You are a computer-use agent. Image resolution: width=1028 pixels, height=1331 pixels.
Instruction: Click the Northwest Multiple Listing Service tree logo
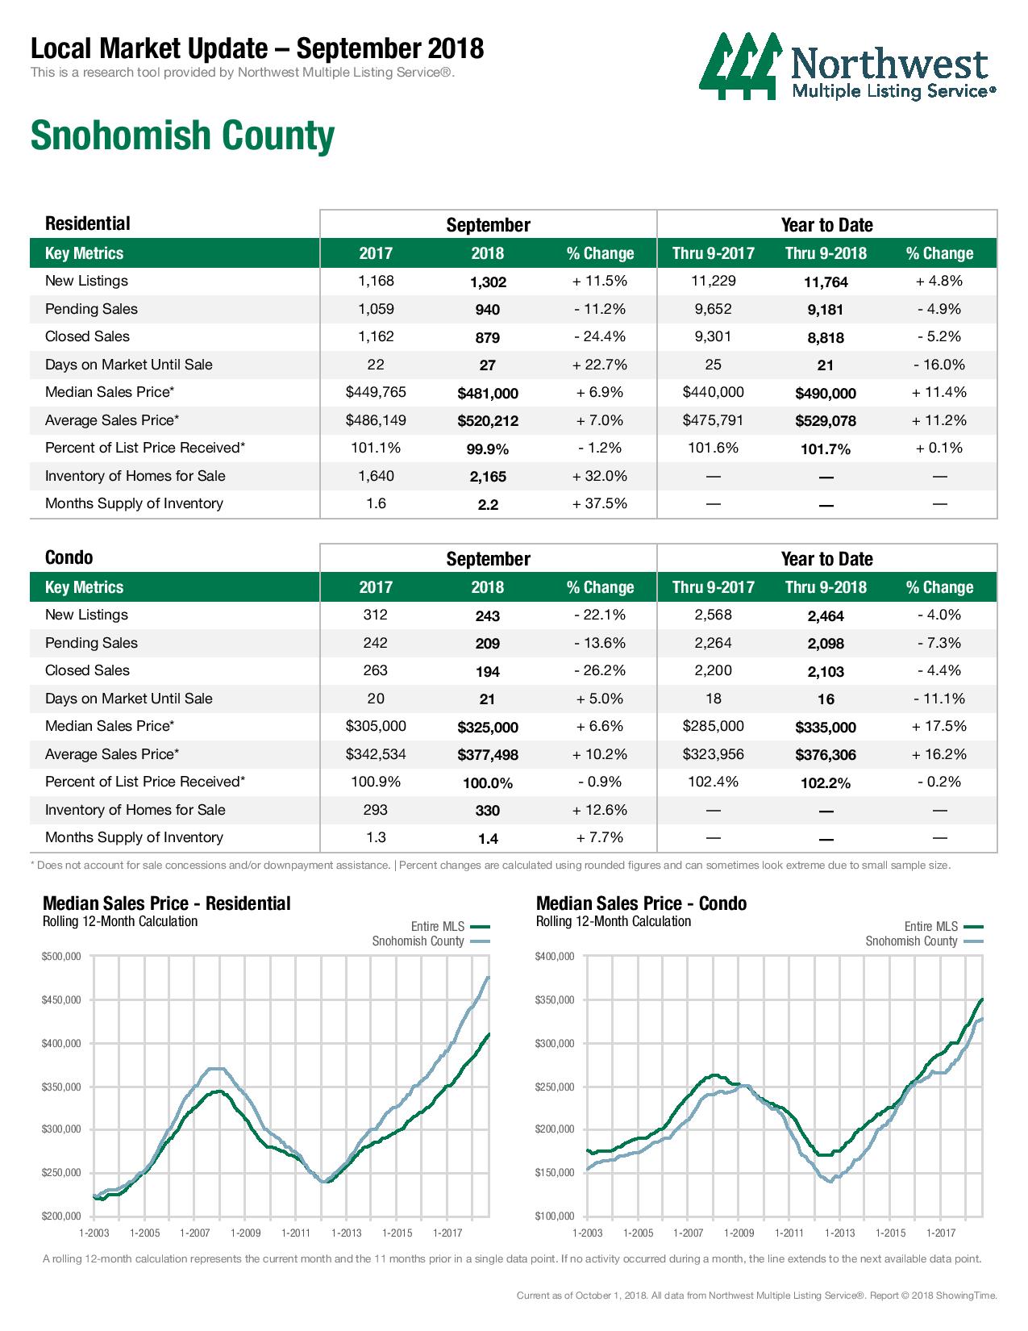click(741, 66)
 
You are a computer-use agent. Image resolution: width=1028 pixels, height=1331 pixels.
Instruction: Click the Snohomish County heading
click(182, 136)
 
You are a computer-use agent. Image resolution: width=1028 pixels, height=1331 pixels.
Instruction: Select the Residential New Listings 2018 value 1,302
click(488, 282)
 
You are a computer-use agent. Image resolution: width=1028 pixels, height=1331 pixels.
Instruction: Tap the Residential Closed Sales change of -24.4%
click(599, 336)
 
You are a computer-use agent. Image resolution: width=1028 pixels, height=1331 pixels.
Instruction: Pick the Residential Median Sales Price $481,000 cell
click(488, 393)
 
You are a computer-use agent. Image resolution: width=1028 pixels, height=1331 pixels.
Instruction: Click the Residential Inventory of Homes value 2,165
click(488, 477)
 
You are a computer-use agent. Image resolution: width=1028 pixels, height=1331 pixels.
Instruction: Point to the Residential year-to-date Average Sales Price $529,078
click(826, 421)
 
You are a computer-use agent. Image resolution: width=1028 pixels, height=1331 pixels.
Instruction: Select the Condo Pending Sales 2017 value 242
click(376, 643)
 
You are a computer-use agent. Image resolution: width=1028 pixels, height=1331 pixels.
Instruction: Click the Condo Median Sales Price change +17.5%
click(939, 726)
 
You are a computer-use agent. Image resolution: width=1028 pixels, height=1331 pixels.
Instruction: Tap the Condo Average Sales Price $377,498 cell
click(488, 754)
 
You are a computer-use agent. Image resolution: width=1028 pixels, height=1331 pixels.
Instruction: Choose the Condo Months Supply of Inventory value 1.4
click(488, 839)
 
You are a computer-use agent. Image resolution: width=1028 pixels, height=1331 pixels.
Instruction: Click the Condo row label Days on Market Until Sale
click(128, 699)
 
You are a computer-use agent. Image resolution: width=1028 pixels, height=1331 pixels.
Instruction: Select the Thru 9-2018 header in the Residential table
click(826, 253)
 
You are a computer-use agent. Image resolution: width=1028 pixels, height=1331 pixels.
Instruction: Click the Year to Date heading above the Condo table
click(826, 558)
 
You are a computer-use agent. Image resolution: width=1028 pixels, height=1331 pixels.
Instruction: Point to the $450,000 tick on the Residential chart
click(61, 999)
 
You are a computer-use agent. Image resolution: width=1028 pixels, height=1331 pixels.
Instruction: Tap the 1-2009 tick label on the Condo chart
click(739, 1233)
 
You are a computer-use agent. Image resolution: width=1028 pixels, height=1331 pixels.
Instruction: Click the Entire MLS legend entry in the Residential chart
click(450, 927)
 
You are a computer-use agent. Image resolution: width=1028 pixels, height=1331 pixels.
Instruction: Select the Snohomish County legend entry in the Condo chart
click(924, 941)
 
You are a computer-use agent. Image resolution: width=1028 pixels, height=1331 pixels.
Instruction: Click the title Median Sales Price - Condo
click(641, 903)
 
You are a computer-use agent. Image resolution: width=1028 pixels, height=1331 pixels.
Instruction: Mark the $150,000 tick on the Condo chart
click(555, 1172)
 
